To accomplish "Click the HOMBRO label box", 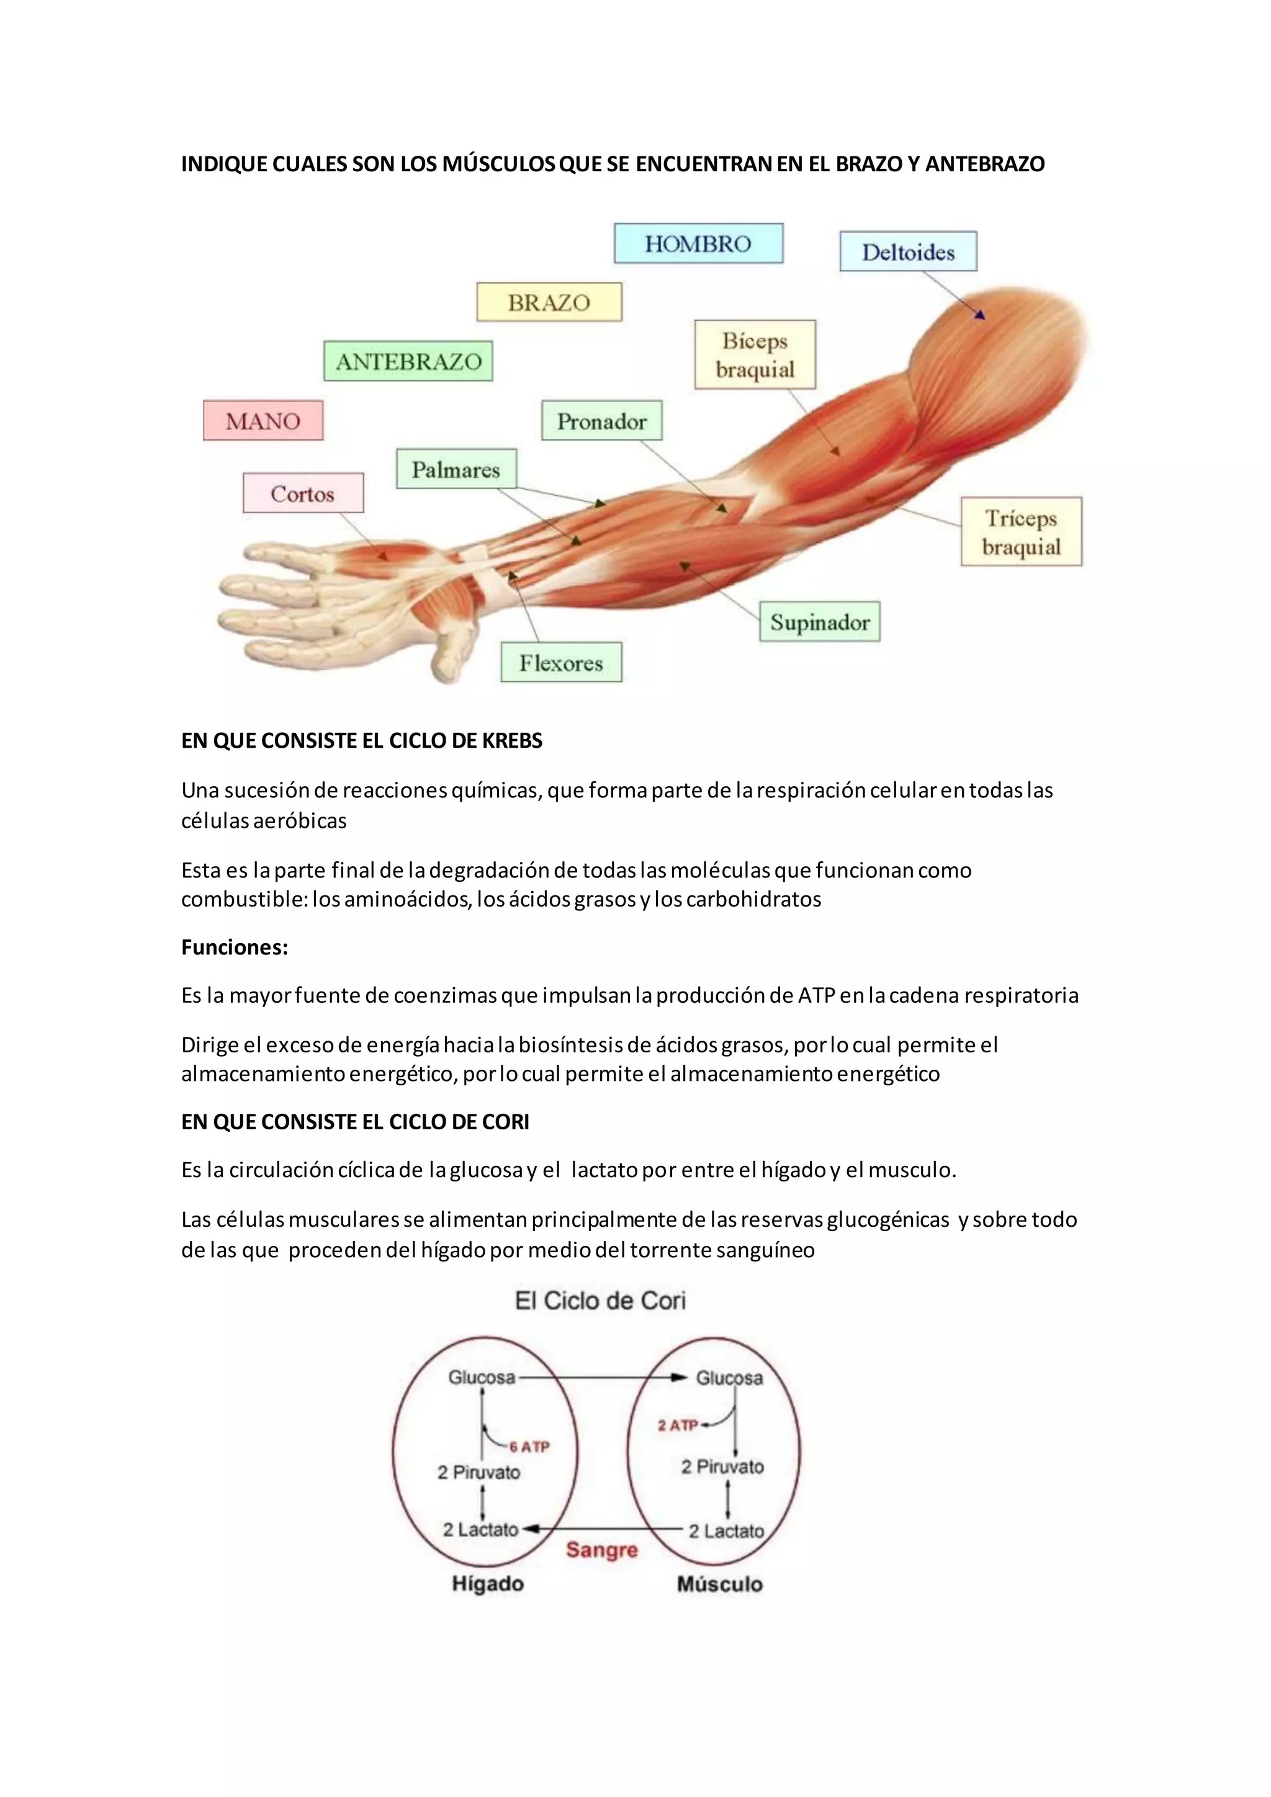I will click(x=698, y=243).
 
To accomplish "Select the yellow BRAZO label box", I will click(x=549, y=302).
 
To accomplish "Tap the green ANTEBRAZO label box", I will click(x=408, y=361).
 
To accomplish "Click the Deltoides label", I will click(x=908, y=252).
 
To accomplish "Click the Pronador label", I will click(x=601, y=421).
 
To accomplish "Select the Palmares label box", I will click(x=456, y=469).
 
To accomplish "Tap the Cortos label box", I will click(x=303, y=493).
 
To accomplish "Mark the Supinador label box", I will click(x=819, y=622).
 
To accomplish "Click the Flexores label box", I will click(x=561, y=663).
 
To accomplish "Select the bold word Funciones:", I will click(x=235, y=947).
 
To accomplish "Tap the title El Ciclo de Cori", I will click(x=600, y=1301).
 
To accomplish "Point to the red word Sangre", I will click(x=602, y=1549).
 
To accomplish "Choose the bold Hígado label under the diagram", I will click(x=488, y=1584).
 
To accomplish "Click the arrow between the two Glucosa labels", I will click(x=603, y=1378).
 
